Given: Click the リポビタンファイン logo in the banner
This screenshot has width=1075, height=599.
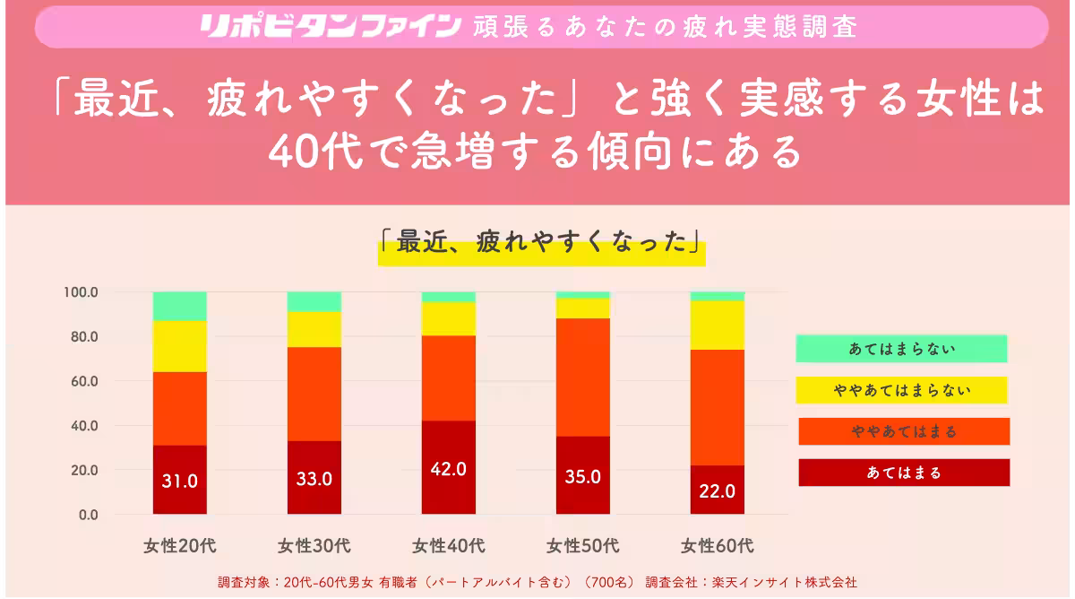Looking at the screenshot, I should pos(331,25).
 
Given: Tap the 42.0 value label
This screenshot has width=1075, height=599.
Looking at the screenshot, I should pos(448,470).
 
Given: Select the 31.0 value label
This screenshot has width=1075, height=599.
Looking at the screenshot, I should pos(179,481).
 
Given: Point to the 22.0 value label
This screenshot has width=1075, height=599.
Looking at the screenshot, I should pos(717,491).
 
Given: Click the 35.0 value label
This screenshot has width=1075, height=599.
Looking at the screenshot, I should pos(582,477).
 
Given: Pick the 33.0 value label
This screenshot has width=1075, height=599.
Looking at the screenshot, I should pos(314,479).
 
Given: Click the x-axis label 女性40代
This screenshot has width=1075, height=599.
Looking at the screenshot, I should pos(448,545).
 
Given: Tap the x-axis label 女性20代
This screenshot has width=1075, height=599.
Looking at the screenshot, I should pos(179,545).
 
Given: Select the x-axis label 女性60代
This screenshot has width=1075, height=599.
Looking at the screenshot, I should pos(717,545).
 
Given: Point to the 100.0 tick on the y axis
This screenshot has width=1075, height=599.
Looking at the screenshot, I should pos(81,292).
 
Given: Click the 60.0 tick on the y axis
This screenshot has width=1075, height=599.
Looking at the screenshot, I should pos(83,381).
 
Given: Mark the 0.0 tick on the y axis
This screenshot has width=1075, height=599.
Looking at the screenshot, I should pos(87,515).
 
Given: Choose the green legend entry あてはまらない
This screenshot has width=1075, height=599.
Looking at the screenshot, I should pos(901,349).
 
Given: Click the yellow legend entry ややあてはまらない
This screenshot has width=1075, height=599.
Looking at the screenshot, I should pos(901,390).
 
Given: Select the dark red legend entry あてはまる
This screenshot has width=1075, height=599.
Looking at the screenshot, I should pos(904,473).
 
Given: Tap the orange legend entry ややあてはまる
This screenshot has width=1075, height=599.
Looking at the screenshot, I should pos(904,431).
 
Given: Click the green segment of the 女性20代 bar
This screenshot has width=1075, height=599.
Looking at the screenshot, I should pos(179,306).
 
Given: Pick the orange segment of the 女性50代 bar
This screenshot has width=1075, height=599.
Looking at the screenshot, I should pos(582,377).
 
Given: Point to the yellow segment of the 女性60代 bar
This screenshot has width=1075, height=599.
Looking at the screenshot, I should pos(717,325).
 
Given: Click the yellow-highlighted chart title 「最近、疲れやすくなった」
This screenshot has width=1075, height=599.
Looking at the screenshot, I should pos(541,245).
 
